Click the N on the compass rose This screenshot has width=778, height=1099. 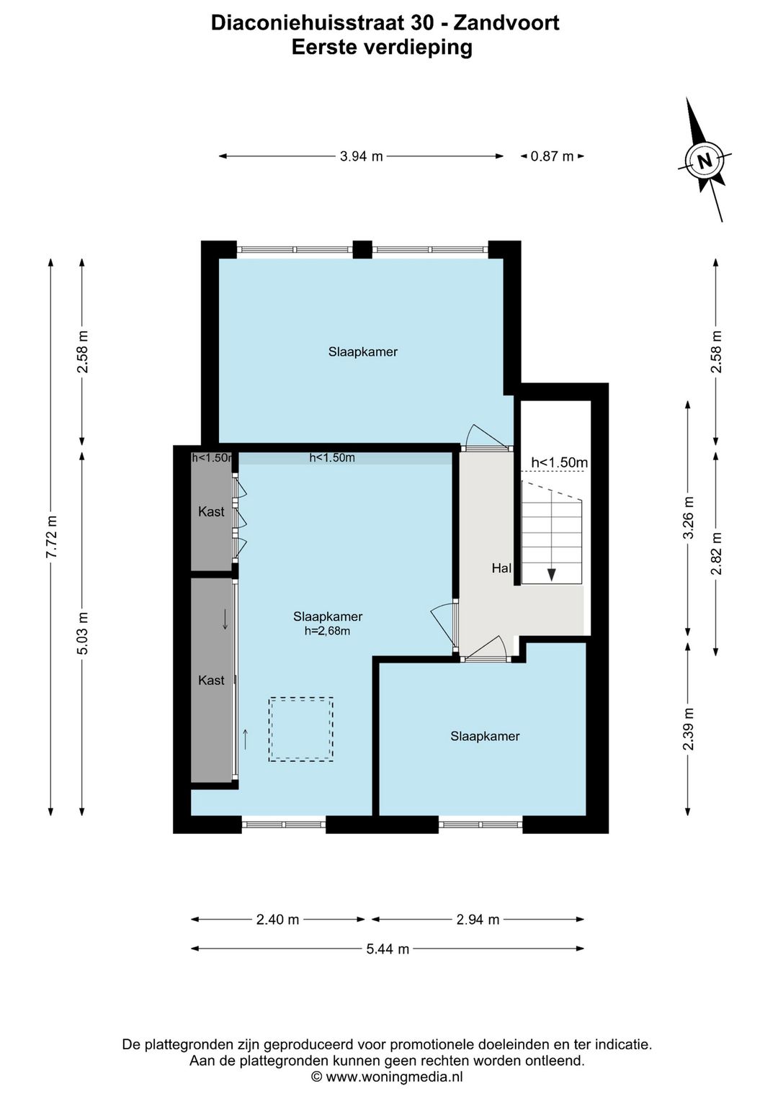[x=705, y=161]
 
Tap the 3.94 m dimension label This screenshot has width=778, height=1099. [x=362, y=156]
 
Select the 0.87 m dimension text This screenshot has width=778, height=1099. [x=553, y=156]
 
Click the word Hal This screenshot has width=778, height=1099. [x=501, y=568]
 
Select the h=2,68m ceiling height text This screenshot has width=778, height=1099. [x=327, y=631]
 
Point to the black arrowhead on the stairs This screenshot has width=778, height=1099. [x=552, y=575]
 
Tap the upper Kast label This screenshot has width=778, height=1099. [x=211, y=512]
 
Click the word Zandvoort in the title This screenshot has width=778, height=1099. [x=506, y=23]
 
